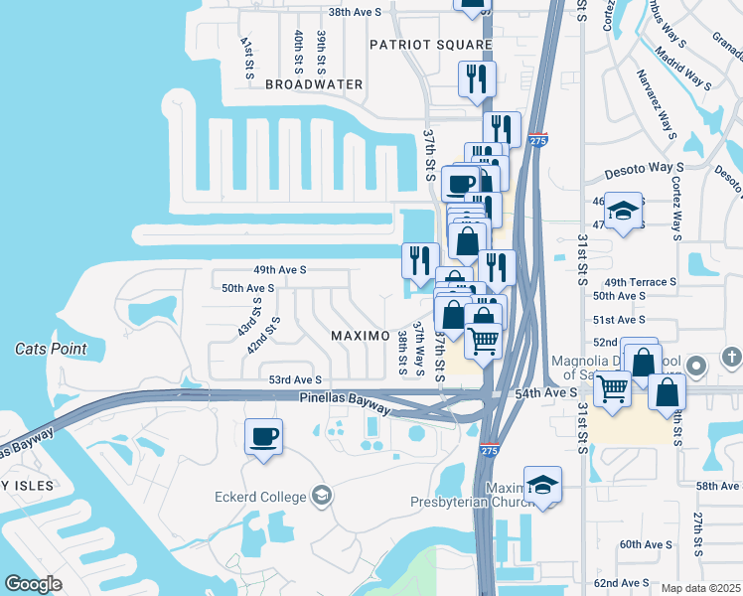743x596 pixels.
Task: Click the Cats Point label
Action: click(51, 349)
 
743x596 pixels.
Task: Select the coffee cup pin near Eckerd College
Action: click(264, 438)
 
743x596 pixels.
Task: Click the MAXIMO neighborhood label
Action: click(360, 336)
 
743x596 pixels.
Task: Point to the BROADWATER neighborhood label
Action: click(314, 84)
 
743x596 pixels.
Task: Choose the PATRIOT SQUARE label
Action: click(431, 45)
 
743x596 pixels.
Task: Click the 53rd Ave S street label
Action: click(295, 379)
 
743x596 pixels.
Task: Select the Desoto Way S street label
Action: click(646, 168)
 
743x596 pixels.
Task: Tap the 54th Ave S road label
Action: click(546, 394)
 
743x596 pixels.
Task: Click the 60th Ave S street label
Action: click(647, 544)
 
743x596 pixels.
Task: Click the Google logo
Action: click(34, 584)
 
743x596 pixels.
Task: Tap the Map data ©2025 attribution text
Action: click(699, 588)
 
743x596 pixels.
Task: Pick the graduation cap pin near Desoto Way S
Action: click(623, 212)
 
